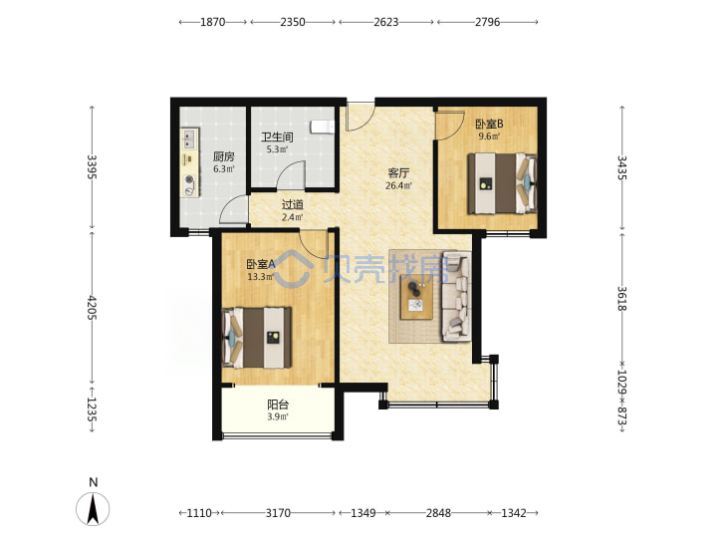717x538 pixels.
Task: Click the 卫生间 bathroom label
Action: pos(277,136)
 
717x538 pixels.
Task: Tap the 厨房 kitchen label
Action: pos(224,157)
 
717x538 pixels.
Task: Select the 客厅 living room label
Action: pos(398,173)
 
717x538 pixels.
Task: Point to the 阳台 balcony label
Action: pos(278,404)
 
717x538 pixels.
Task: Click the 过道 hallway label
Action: pos(292,205)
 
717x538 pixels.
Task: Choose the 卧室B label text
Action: pos(489,124)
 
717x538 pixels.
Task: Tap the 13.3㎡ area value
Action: pos(261,276)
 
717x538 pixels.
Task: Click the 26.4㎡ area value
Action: pos(398,185)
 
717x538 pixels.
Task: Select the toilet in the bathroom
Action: pos(323,127)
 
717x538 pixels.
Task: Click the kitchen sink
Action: pos(189,138)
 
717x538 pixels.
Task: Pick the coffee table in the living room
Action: pos(416,297)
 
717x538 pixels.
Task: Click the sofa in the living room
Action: pos(456,297)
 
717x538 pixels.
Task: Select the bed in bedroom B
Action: pos(502,184)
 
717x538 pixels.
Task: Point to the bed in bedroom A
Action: pos(257,338)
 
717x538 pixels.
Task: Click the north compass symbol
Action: pos(93,509)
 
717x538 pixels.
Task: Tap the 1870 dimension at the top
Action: pos(213,22)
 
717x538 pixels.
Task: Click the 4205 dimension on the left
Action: pos(92,308)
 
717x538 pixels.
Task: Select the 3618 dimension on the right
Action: pos(621,299)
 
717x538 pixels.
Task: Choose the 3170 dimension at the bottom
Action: pos(278,513)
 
